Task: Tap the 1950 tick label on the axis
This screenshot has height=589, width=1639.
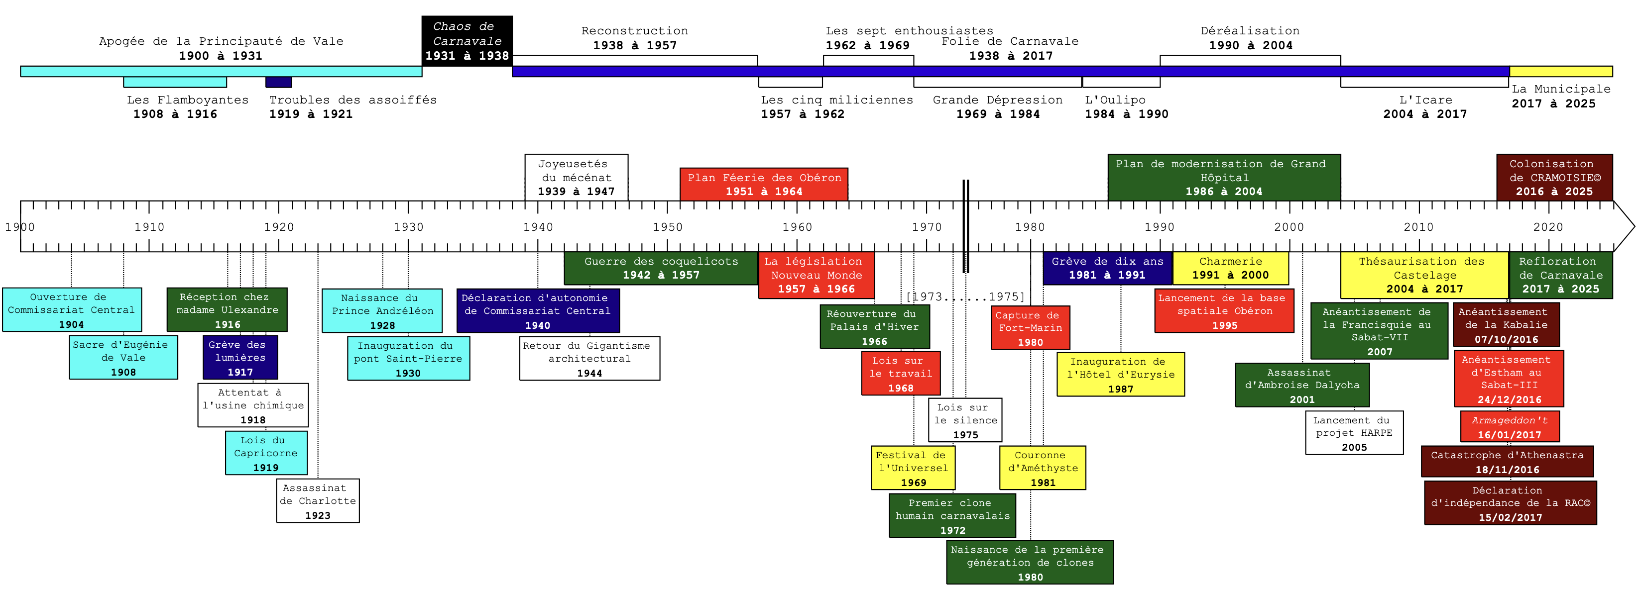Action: pos(668,227)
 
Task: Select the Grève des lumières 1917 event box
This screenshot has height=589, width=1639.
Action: pos(240,358)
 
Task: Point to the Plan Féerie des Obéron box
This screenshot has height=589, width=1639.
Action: pos(764,185)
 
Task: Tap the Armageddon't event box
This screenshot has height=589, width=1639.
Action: pos(1509,427)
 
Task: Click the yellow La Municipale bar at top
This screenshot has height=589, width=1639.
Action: pos(1560,71)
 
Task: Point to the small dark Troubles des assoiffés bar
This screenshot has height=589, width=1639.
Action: pos(279,82)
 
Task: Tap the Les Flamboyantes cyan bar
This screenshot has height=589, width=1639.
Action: pos(175,82)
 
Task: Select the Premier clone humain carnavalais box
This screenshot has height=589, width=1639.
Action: pos(952,516)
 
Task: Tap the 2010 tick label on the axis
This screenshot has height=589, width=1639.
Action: pos(1418,227)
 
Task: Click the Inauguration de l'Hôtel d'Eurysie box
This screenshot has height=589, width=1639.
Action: pos(1120,375)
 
